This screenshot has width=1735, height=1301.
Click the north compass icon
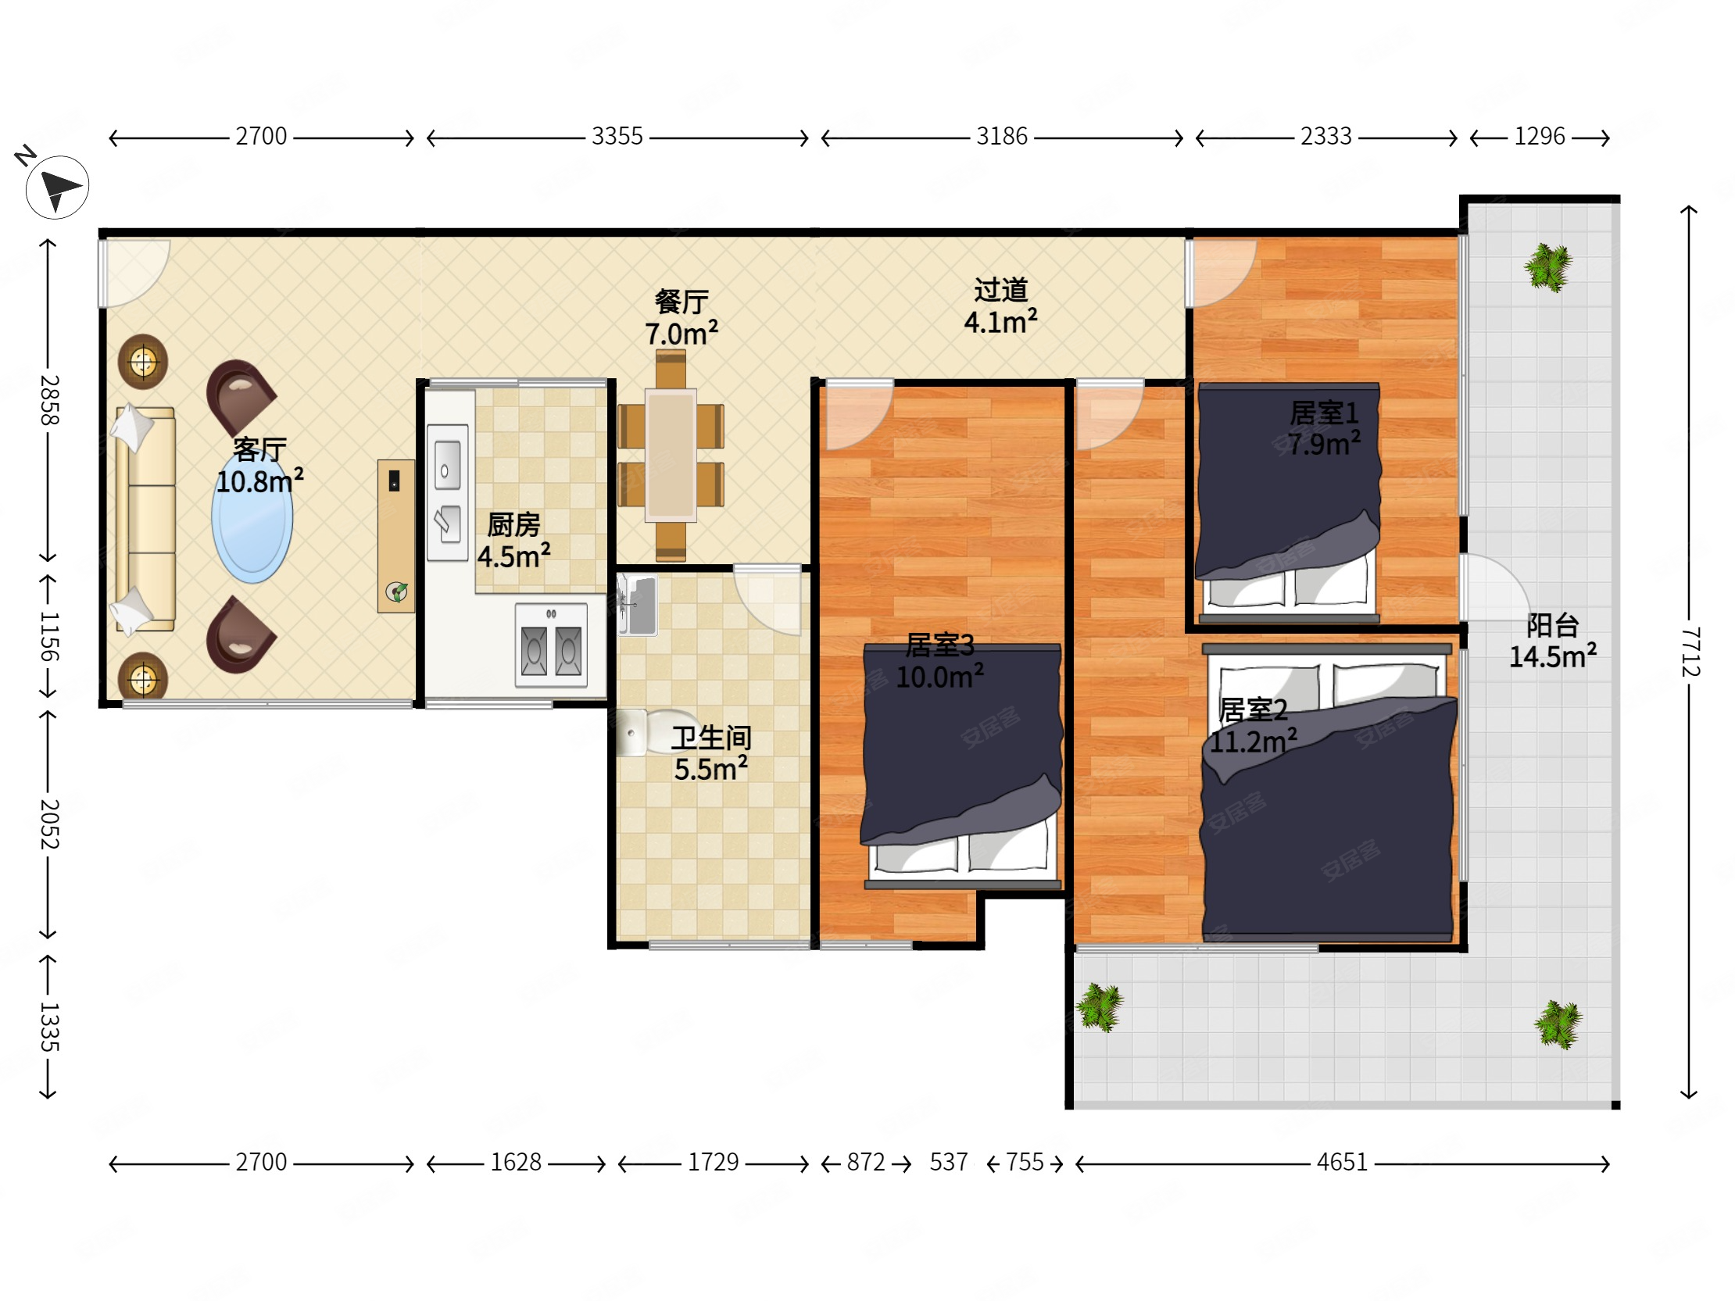56,187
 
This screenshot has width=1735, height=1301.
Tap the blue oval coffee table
252,518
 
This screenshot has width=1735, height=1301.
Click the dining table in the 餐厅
671,456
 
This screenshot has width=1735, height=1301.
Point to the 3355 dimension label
617,137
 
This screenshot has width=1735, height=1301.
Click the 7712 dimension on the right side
1690,652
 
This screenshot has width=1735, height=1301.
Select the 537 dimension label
948,1161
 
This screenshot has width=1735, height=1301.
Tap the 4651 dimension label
1342,1161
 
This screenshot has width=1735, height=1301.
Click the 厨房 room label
513,524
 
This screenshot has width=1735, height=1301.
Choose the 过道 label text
1001,290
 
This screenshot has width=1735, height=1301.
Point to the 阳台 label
1552,625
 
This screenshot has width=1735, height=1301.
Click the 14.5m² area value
1553,656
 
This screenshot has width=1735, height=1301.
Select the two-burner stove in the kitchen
552,645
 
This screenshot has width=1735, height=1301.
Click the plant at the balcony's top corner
1547,267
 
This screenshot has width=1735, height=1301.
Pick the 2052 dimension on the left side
48,824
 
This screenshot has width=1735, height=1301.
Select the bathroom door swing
767,600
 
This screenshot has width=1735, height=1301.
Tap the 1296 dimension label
1539,137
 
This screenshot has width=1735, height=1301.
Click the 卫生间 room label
711,737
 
